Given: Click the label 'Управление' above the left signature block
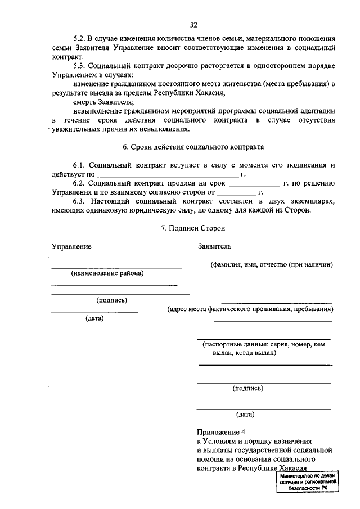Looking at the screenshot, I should (x=71, y=246).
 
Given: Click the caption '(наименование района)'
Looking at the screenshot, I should (x=107, y=273).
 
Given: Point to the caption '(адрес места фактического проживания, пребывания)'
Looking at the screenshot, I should (x=251, y=309).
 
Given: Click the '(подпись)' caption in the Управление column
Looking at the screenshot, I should (x=111, y=300).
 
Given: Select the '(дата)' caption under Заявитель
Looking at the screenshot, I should (x=245, y=415).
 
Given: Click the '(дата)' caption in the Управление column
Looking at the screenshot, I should (x=94, y=318).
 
